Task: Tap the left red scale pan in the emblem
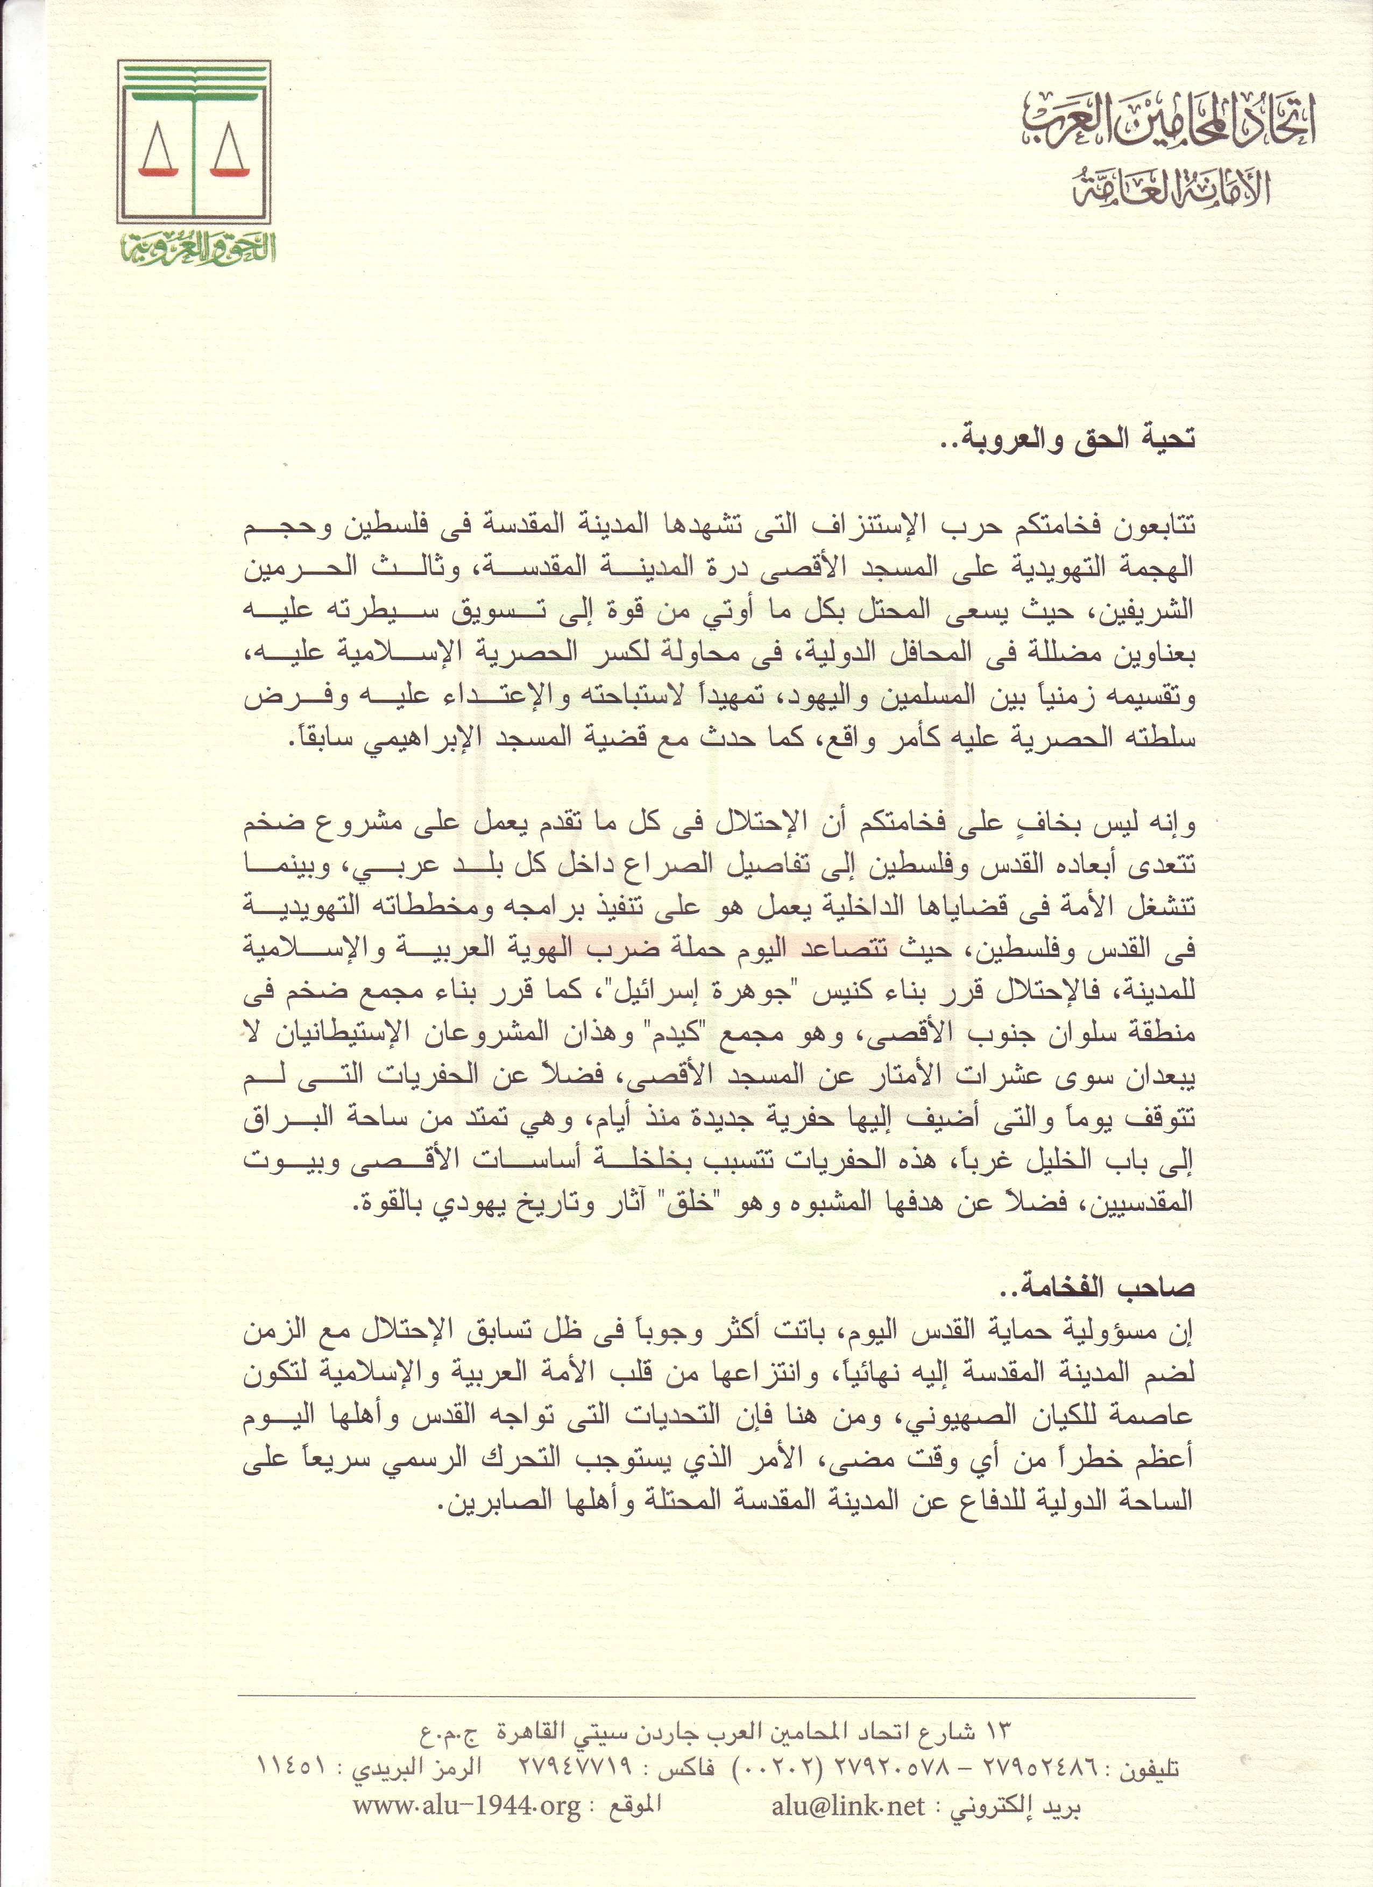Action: click(160, 170)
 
